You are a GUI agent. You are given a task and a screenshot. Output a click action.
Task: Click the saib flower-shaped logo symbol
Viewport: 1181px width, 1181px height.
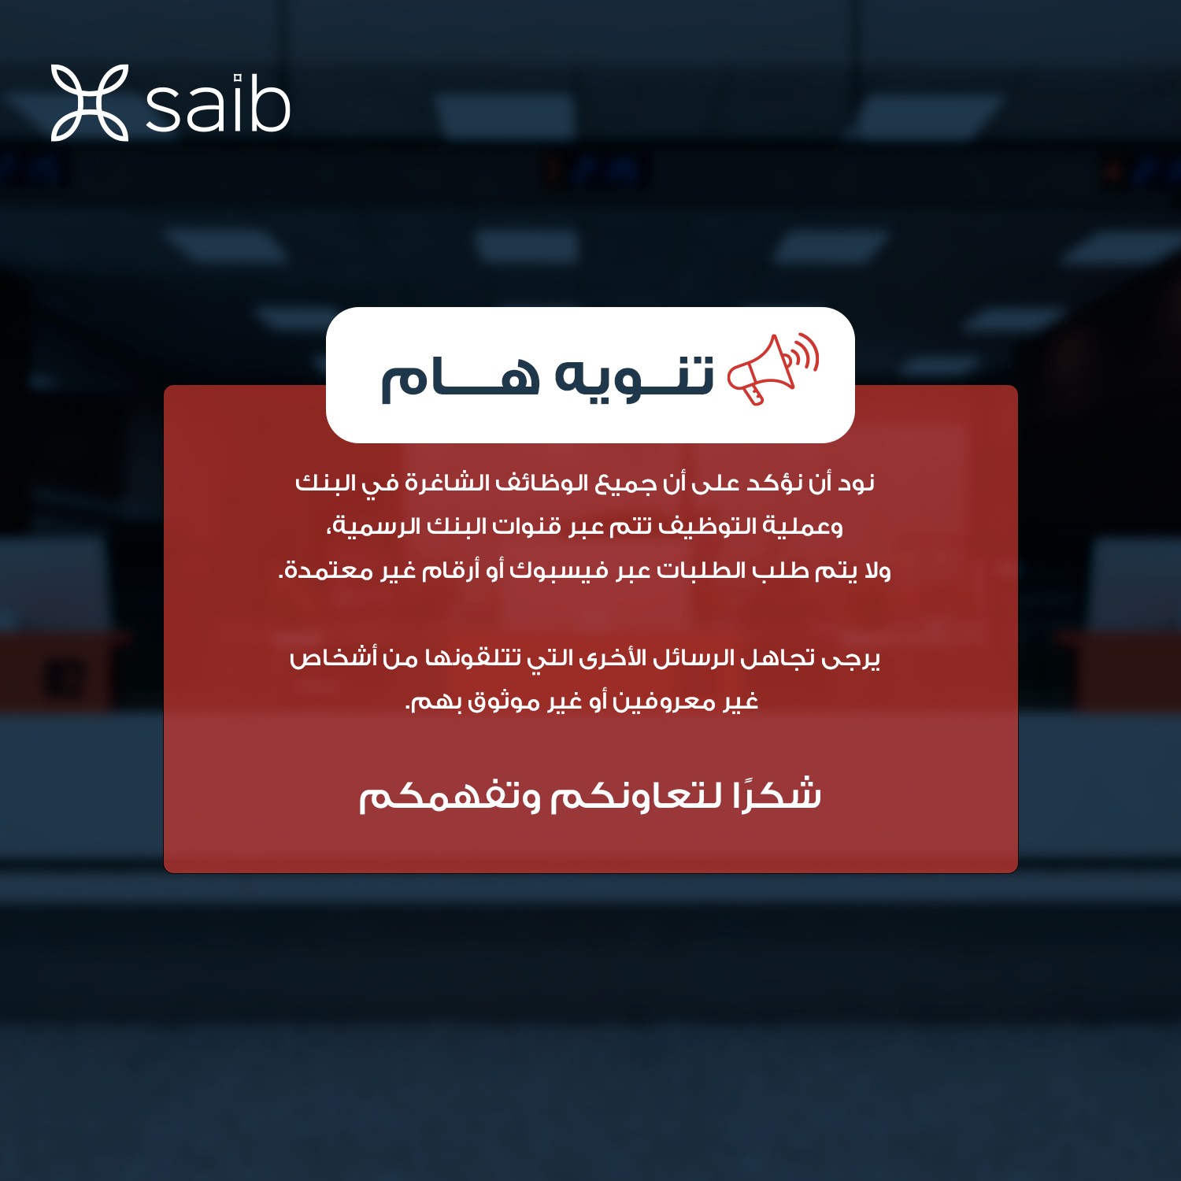pos(90,103)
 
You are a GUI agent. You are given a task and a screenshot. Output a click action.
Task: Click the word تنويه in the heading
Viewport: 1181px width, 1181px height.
pos(635,376)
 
